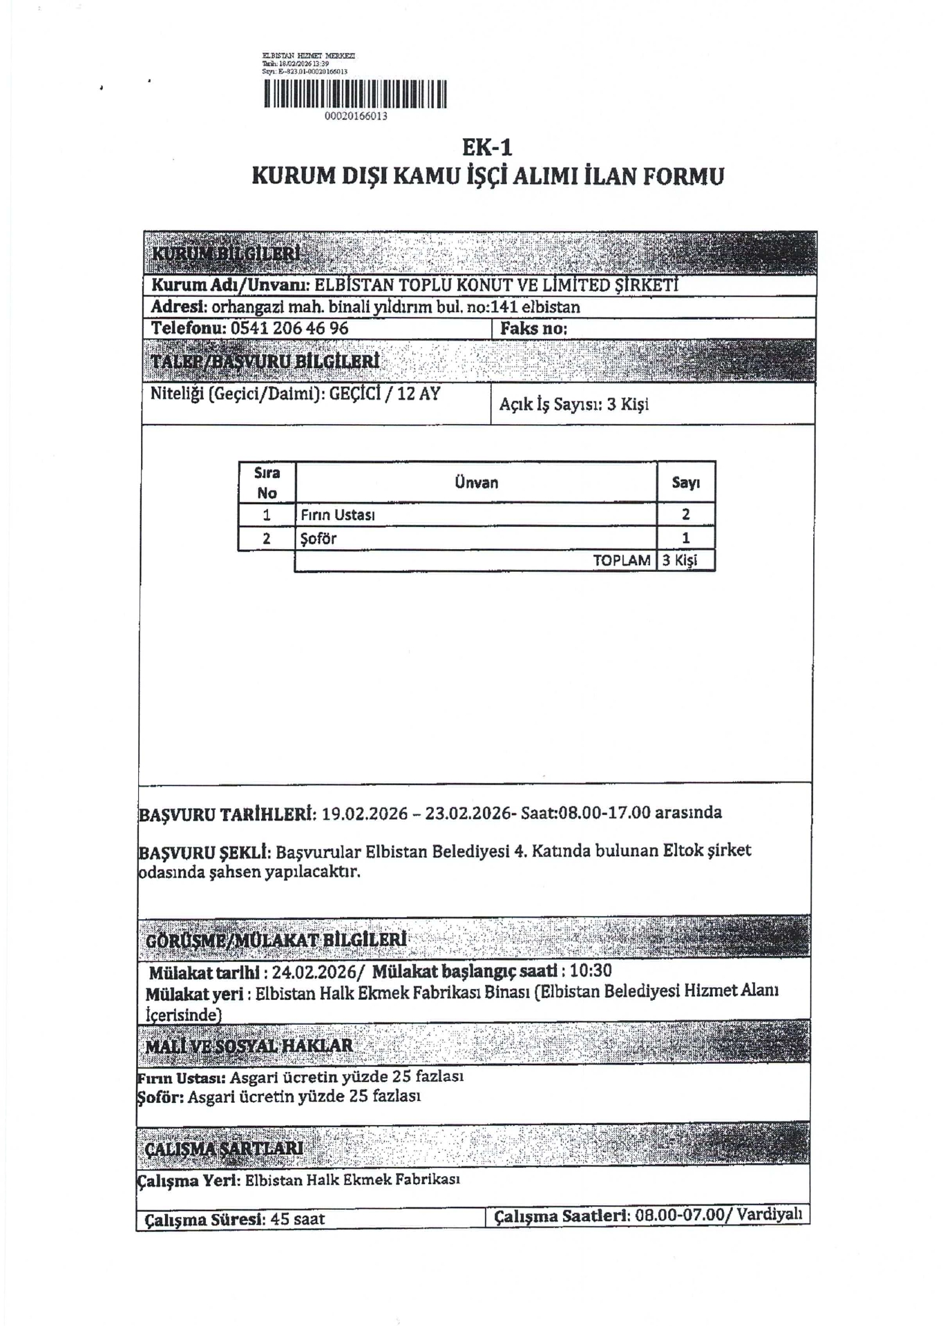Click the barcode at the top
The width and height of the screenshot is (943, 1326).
pyautogui.click(x=355, y=94)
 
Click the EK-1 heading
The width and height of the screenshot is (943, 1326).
pyautogui.click(x=487, y=147)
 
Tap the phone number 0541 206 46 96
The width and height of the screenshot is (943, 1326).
pyautogui.click(x=289, y=328)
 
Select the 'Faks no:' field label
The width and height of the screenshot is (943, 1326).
pyautogui.click(x=533, y=329)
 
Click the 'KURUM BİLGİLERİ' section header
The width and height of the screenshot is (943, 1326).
pyautogui.click(x=226, y=253)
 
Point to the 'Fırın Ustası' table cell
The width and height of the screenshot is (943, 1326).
pyautogui.click(x=338, y=515)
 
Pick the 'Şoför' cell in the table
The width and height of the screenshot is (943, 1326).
pyautogui.click(x=318, y=539)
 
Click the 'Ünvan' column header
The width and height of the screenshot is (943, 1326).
pyautogui.click(x=476, y=483)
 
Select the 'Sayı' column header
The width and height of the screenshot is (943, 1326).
pyautogui.click(x=685, y=483)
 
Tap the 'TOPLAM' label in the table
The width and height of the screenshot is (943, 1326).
pyautogui.click(x=621, y=561)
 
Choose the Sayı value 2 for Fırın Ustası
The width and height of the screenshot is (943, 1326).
pyautogui.click(x=685, y=515)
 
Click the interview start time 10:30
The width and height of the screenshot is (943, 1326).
pyautogui.click(x=591, y=971)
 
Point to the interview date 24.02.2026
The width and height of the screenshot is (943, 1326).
pyautogui.click(x=314, y=972)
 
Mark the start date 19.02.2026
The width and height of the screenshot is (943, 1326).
pyautogui.click(x=365, y=813)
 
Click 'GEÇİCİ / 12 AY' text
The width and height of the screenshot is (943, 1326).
pyautogui.click(x=384, y=394)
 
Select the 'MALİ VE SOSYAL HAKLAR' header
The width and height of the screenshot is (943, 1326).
pyautogui.click(x=249, y=1046)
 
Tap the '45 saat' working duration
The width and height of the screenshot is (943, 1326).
pyautogui.click(x=298, y=1219)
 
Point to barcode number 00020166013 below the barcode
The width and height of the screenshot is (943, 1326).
pyautogui.click(x=356, y=116)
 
